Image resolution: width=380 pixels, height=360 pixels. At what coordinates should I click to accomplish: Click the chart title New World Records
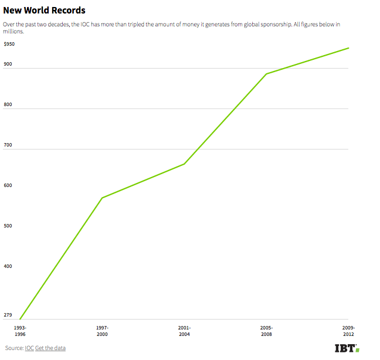tap(44, 11)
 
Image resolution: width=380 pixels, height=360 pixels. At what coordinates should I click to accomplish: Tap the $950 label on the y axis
tap(9, 44)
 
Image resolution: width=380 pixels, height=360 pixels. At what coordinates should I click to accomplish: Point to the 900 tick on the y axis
tap(8, 64)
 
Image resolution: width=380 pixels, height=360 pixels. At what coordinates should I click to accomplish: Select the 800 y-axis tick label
tap(8, 105)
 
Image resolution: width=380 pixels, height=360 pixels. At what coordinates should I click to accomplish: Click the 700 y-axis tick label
tap(8, 145)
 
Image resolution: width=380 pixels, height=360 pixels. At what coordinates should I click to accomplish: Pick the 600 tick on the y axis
tap(8, 185)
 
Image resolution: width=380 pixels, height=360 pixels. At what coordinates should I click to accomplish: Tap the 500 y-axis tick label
tap(8, 226)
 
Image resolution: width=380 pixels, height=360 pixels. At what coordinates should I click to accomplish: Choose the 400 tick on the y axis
tap(8, 266)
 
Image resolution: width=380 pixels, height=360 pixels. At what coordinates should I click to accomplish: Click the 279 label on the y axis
tap(8, 315)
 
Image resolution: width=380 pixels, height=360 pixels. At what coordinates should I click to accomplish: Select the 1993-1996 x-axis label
tap(20, 330)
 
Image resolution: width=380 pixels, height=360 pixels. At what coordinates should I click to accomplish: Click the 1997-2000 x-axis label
tap(102, 330)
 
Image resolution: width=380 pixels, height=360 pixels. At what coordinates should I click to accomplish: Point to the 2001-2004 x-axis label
tap(184, 330)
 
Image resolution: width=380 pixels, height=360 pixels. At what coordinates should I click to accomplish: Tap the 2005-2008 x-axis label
tap(266, 330)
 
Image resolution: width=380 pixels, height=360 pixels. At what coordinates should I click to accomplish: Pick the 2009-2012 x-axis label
tap(348, 330)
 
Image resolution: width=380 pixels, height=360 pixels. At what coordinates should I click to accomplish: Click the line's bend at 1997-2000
tap(102, 198)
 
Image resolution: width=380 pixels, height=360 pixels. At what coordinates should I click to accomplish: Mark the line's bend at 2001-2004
tap(184, 164)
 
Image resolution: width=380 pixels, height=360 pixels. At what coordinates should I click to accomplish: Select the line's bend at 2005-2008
tap(266, 74)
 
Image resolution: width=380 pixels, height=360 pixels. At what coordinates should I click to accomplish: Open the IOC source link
tap(29, 348)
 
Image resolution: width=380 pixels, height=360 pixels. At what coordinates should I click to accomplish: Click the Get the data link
tap(50, 348)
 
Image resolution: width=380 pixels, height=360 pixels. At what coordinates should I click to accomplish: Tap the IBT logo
tap(347, 348)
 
